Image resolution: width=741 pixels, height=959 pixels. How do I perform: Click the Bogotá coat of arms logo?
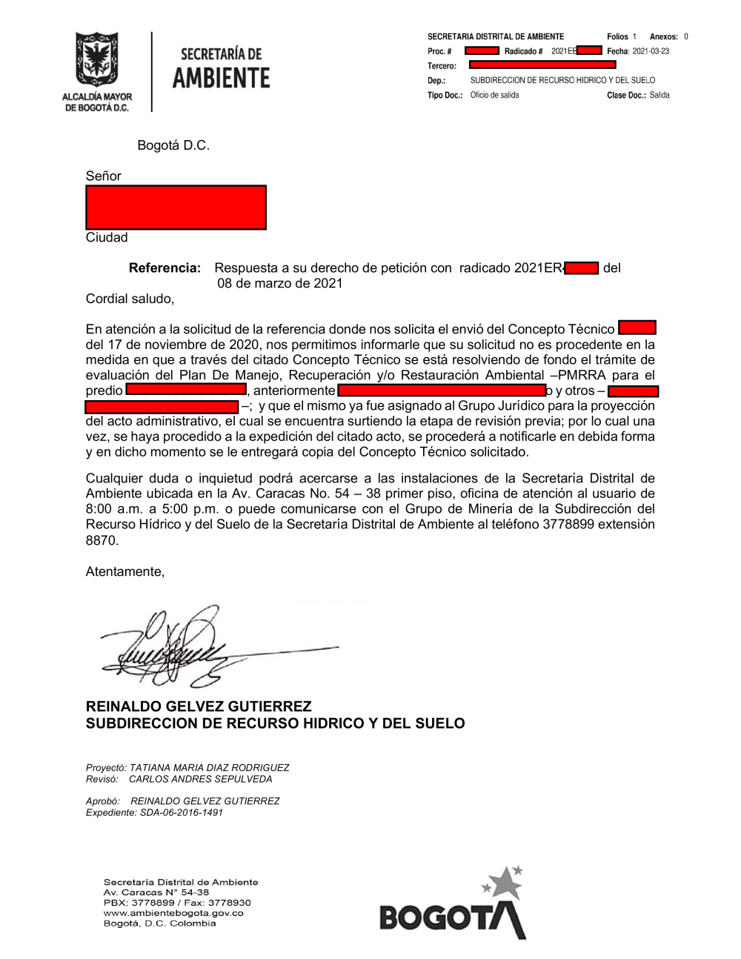pos(96,60)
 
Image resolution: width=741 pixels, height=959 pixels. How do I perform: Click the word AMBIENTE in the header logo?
pos(221,78)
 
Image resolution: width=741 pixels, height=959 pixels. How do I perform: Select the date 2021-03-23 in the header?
pos(651,51)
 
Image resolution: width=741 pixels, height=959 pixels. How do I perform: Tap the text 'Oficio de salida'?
pos(494,95)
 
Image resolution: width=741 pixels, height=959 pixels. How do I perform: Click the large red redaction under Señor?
pos(176,208)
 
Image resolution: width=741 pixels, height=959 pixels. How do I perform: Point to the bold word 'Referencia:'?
pos(165,268)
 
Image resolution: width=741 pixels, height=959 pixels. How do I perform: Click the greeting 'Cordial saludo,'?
pos(130,299)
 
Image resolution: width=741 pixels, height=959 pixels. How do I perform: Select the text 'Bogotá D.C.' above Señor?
pos(173,145)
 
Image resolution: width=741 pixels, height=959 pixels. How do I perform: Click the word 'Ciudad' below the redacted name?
pos(107,237)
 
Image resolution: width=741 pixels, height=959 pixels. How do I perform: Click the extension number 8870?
pos(102,540)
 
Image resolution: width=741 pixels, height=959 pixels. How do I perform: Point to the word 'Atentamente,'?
pos(125,571)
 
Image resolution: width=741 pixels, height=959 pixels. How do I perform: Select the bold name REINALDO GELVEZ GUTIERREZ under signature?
pos(199,706)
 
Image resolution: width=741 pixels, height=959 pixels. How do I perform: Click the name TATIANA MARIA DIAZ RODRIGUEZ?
pos(209,768)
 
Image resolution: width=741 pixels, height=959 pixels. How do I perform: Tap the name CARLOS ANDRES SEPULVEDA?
pos(200,779)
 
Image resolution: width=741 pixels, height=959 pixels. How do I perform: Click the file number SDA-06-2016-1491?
pos(182,812)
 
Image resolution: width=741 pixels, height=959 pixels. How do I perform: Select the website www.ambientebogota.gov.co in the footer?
pos(173,913)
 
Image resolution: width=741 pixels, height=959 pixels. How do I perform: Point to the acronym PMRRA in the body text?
pos(582,375)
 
